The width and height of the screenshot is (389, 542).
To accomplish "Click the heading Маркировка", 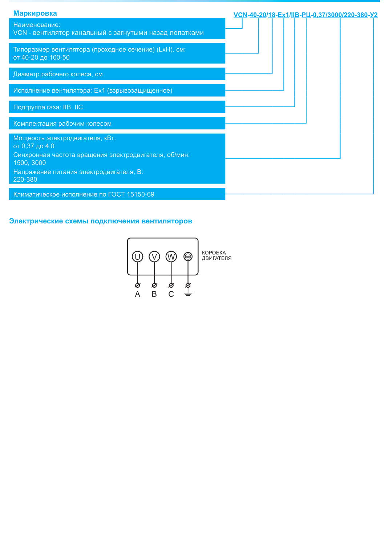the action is coord(35,13).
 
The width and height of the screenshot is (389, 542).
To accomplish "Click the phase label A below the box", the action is coord(137,294).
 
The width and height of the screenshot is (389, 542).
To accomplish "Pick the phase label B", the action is coord(154,294).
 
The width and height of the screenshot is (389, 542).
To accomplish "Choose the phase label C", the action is coord(171,294).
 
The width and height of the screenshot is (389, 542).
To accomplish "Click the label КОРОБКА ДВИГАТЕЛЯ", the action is coord(216,255).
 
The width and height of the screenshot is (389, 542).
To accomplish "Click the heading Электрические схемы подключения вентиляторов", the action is coord(101,221).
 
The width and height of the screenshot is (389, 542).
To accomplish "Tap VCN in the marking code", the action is coord(240,15).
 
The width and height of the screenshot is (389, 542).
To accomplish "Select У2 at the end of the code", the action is coord(374,15).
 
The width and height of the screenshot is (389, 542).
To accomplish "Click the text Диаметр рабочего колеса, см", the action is coord(58,74).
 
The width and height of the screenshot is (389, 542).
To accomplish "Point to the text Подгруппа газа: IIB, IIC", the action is coord(48,107).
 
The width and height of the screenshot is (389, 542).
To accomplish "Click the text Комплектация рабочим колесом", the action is coord(62,124).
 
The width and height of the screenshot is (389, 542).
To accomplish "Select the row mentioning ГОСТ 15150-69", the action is coord(84,194).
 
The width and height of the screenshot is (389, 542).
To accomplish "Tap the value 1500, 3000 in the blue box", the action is coord(29,163).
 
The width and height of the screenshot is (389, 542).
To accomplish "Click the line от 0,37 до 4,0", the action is coord(34,146).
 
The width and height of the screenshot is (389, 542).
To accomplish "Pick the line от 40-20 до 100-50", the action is coord(41,57).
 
